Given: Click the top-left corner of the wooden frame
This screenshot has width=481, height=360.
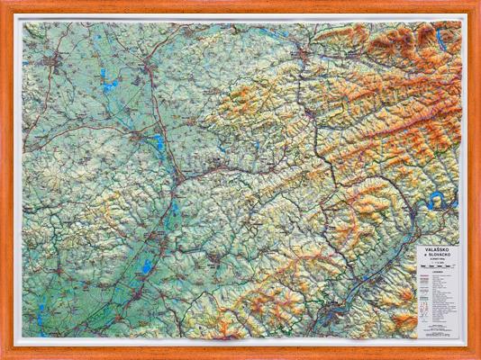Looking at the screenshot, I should pyautogui.click(x=5, y=4).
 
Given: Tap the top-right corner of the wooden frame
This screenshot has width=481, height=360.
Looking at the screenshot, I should pyautogui.click(x=476, y=4).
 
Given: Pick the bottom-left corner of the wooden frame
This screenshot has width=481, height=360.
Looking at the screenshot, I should pyautogui.click(x=5, y=355).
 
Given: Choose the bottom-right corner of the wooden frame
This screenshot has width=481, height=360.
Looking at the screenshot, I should pyautogui.click(x=476, y=355).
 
